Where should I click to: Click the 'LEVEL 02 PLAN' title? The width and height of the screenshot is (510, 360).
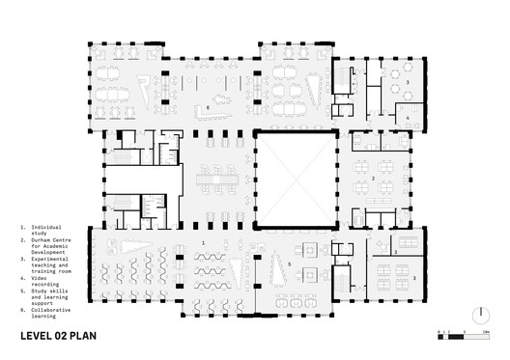[63, 338]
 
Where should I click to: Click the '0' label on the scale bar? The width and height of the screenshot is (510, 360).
[439, 330]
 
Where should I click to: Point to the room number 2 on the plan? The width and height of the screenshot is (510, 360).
[373, 179]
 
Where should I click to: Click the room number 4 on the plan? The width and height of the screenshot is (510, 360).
[408, 118]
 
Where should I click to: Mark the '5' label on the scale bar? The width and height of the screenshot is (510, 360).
[466, 330]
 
